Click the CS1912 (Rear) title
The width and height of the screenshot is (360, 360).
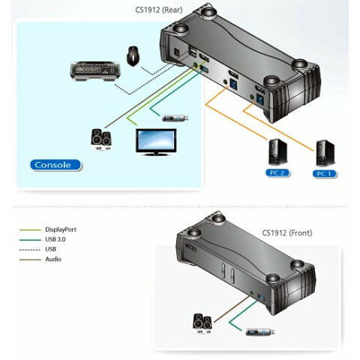pos(159,10)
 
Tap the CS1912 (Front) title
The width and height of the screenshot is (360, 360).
pos(287,233)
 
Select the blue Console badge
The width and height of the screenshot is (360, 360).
pos(55,165)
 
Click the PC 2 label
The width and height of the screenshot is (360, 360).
pos(277,173)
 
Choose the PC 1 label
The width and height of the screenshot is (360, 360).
pos(325,174)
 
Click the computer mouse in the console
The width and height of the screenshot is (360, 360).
pos(133,55)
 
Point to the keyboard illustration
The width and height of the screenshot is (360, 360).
pos(95,71)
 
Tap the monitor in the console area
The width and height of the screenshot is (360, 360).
pos(156,142)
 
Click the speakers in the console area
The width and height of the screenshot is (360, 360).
pos(100,139)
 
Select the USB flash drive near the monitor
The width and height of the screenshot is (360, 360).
pos(175,118)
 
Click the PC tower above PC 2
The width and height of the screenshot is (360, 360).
pos(277,151)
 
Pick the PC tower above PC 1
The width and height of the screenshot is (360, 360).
pos(325,153)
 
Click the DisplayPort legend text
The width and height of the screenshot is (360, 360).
pos(61,229)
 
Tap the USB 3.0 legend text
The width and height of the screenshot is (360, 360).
pos(55,239)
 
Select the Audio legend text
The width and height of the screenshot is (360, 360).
pos(53,259)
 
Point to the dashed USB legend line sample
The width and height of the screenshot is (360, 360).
pos(30,250)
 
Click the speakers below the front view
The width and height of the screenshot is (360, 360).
pos(202,324)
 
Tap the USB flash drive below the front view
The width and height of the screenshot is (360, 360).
pos(260,332)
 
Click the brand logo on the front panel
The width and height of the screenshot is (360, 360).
pos(191,247)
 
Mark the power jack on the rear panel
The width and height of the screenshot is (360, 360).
pos(176,52)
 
